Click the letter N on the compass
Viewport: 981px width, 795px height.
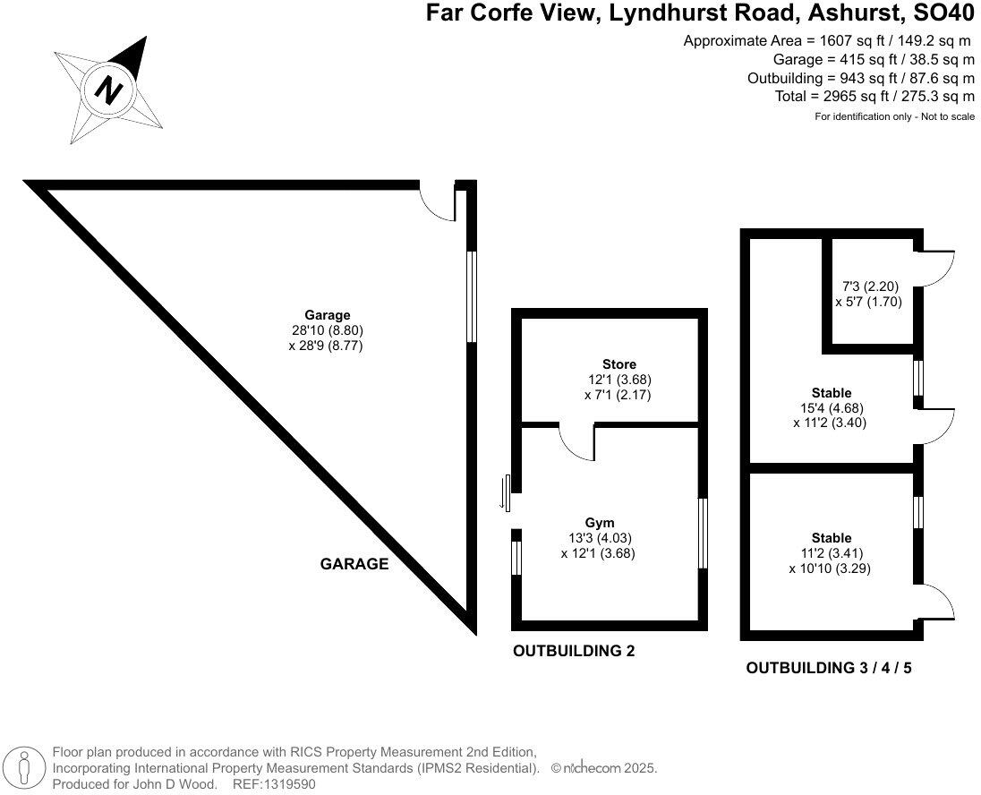[x=109, y=90]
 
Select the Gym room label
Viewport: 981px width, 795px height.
[x=600, y=522]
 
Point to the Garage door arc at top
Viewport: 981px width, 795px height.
[x=438, y=202]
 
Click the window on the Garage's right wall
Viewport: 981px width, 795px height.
[x=471, y=295]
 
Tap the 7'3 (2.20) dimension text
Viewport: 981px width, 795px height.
[x=870, y=286]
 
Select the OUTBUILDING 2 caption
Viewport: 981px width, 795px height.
[x=574, y=651]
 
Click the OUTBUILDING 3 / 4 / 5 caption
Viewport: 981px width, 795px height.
[x=829, y=668]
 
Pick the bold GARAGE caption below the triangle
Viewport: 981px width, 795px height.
[x=354, y=564]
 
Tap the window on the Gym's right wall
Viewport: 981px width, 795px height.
[x=703, y=534]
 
